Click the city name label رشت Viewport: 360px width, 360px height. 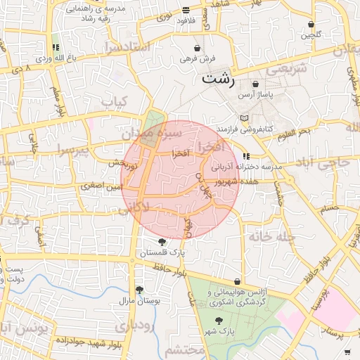pyautogui.click(x=217, y=78)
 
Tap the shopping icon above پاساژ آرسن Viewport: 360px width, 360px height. pyautogui.click(x=255, y=84)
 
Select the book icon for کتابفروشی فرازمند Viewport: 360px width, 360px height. pyautogui.click(x=244, y=118)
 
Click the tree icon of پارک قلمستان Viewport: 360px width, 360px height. pyautogui.click(x=162, y=242)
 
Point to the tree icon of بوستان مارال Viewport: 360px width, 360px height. pyautogui.click(x=139, y=290)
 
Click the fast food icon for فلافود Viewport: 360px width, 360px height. pyautogui.click(x=186, y=11)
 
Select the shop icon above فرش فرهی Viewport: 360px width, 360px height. pyautogui.click(x=198, y=48)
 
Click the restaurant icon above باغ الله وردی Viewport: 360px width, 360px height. pyautogui.click(x=55, y=48)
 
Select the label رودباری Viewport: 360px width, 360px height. pyautogui.click(x=131, y=326)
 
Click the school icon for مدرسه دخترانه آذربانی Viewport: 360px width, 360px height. pyautogui.click(x=245, y=156)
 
